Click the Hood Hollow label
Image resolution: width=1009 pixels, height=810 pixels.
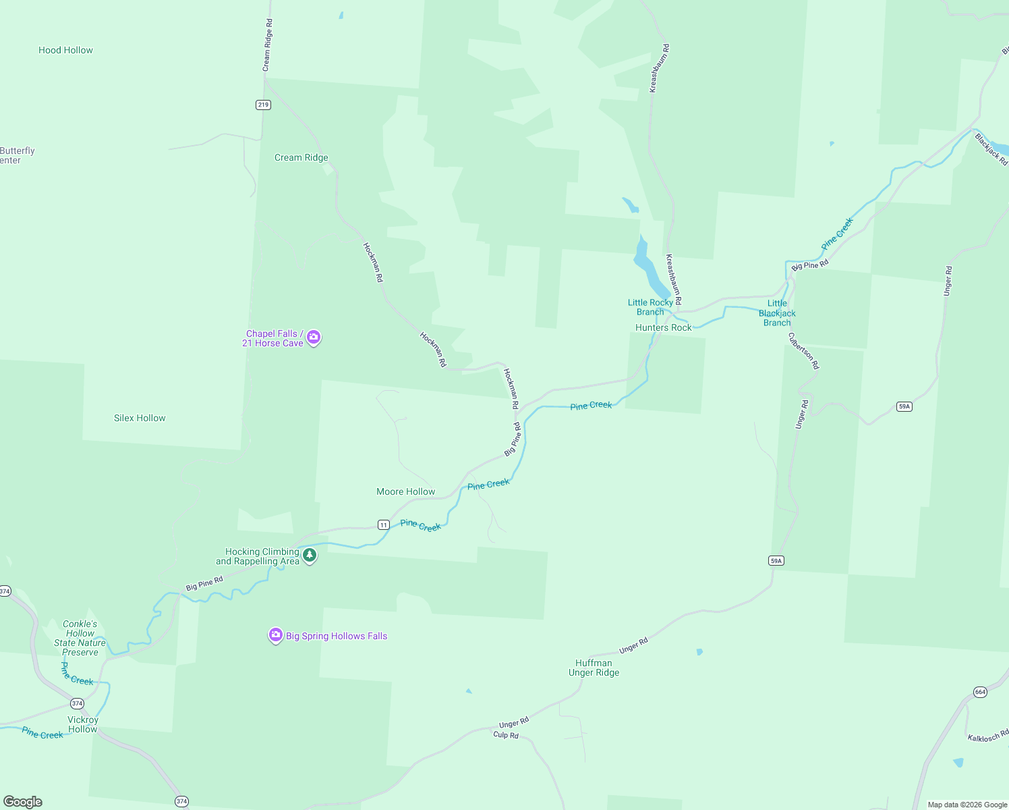tap(65, 50)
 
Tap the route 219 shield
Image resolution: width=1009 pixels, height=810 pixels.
tap(263, 105)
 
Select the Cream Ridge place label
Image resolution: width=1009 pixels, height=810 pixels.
tap(301, 157)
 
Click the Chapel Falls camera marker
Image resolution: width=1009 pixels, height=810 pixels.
tap(314, 337)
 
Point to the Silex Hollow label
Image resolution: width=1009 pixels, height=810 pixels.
tap(140, 418)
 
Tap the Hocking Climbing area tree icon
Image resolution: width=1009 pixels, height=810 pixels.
tap(310, 556)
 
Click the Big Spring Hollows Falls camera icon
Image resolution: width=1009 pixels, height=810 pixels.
tap(275, 635)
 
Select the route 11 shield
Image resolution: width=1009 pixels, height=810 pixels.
tap(383, 524)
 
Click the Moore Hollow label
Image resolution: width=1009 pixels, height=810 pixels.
tap(405, 491)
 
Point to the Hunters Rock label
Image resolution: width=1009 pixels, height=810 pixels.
tap(663, 327)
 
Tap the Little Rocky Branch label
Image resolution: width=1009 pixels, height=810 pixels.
tap(650, 307)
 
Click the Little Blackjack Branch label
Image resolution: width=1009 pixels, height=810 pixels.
tap(777, 313)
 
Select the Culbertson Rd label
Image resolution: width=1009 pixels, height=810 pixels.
tap(804, 350)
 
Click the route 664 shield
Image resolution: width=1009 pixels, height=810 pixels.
tap(980, 692)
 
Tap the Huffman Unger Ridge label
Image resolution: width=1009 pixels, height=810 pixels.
tap(594, 668)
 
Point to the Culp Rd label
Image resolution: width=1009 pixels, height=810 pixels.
tap(506, 735)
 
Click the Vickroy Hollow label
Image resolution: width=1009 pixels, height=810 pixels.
tap(82, 724)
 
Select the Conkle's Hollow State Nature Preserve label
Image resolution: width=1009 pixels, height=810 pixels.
tap(80, 638)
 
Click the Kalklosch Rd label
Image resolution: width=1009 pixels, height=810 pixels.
tap(988, 736)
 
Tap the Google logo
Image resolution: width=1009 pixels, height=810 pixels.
tap(23, 801)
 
